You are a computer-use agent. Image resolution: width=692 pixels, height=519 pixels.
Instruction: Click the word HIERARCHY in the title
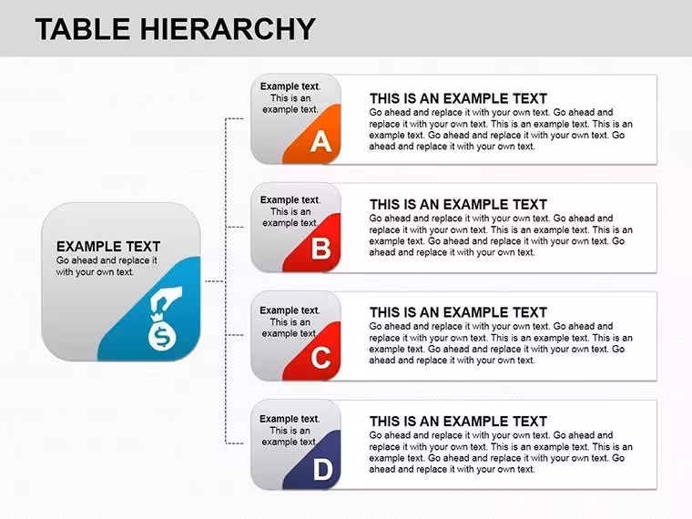[228, 29]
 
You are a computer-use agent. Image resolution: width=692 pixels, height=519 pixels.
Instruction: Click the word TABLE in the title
[83, 29]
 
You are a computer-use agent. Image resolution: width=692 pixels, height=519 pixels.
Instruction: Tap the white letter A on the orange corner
[321, 141]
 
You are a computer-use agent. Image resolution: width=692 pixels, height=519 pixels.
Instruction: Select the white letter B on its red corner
[321, 249]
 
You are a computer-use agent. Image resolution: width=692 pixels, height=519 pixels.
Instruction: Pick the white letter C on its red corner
[321, 358]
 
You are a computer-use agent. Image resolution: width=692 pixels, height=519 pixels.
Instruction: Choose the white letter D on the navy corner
[322, 469]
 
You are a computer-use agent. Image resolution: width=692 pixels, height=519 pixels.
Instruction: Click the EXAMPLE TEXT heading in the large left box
[108, 246]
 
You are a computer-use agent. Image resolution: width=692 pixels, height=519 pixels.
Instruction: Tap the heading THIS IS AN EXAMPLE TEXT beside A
[458, 98]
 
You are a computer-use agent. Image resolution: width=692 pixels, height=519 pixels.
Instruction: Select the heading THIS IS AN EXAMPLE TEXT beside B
[458, 204]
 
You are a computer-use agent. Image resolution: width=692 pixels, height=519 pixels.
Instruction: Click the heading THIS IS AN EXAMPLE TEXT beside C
[458, 312]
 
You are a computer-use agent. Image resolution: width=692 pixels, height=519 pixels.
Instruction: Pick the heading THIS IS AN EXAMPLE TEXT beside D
[458, 421]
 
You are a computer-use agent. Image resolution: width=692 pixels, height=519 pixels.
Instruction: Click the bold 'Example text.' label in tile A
[290, 86]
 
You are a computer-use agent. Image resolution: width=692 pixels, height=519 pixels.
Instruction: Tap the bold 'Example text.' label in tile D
[290, 418]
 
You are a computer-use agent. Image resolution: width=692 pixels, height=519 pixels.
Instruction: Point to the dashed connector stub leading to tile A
[234, 118]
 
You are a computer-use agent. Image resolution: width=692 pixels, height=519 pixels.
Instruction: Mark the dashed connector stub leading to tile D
[234, 443]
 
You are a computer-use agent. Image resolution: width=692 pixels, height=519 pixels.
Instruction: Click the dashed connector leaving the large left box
[216, 281]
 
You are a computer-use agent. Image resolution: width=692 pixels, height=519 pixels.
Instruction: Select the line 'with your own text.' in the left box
[95, 272]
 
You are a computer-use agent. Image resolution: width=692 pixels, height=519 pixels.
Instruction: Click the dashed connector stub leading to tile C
[234, 335]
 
